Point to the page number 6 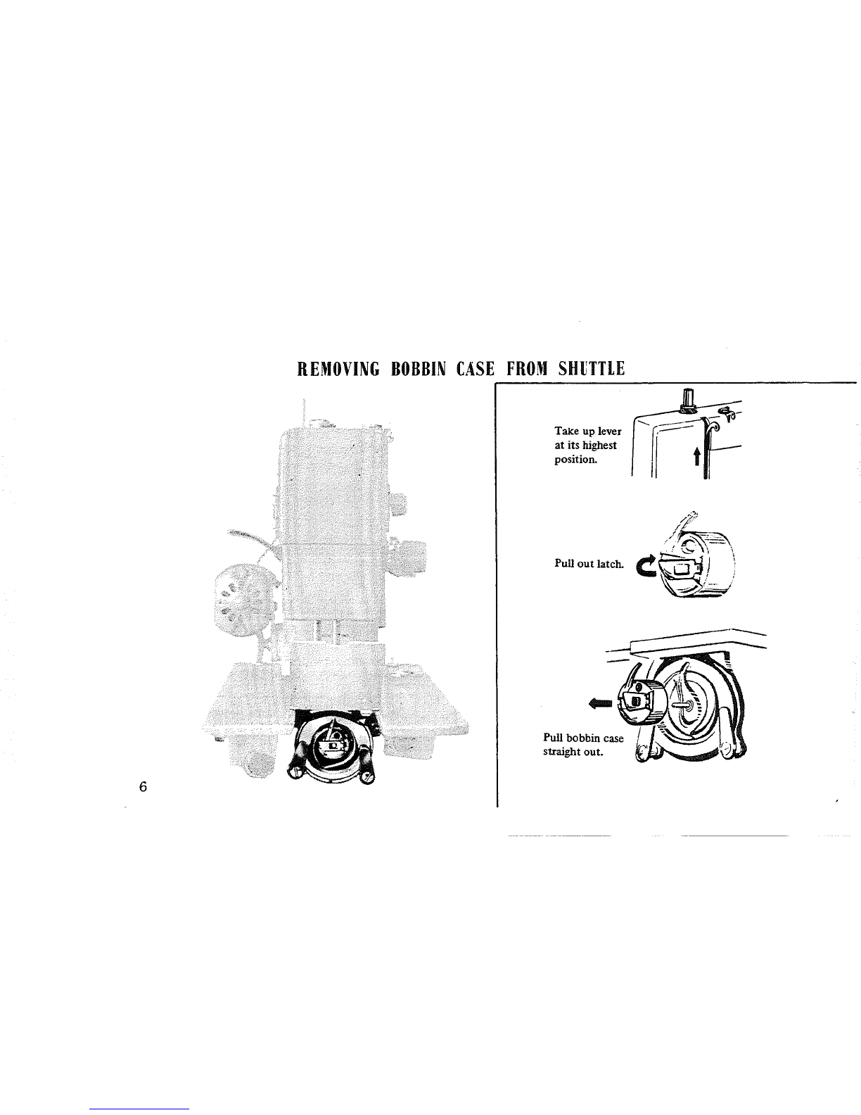point(142,787)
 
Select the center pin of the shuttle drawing point(687,704)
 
